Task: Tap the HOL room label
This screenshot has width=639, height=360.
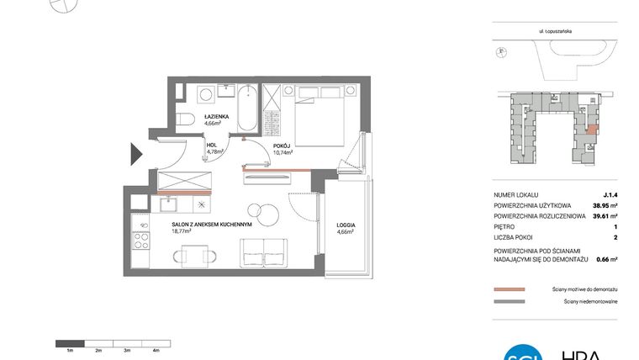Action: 214,145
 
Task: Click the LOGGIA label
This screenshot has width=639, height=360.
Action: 345,225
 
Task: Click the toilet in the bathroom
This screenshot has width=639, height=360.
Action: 186,118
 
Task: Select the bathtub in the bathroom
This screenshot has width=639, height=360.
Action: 247,108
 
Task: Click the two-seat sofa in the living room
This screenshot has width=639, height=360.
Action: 264,250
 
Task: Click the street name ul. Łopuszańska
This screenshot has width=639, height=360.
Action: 556,31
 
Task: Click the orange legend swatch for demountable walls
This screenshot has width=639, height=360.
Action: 509,289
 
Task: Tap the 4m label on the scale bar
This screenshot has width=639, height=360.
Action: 156,348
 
